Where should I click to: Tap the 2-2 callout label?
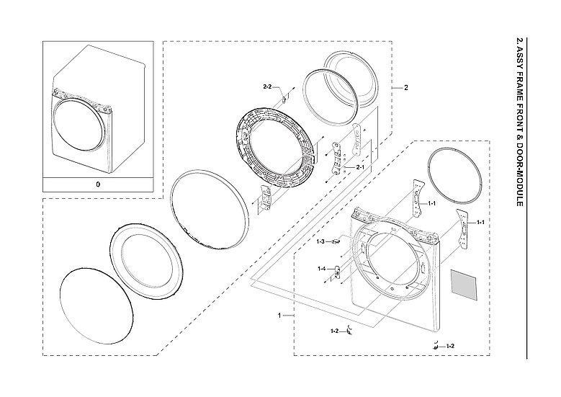(266, 86)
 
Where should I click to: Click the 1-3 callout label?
(321, 241)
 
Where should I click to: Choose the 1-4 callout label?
(321, 269)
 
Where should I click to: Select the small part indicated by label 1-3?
(336, 241)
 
